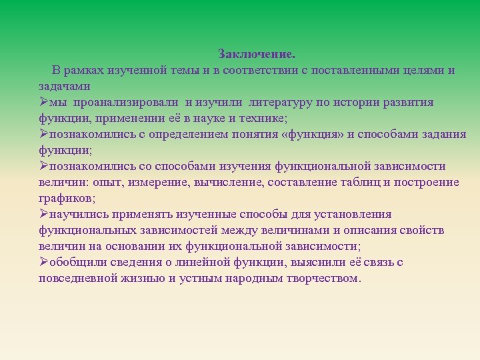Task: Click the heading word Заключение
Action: (x=256, y=53)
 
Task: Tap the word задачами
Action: (x=65, y=86)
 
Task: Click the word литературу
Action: (x=283, y=102)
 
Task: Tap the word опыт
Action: (x=107, y=182)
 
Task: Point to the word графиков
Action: (x=65, y=198)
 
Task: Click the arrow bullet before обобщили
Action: (x=43, y=262)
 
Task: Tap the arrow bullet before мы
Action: (x=43, y=102)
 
